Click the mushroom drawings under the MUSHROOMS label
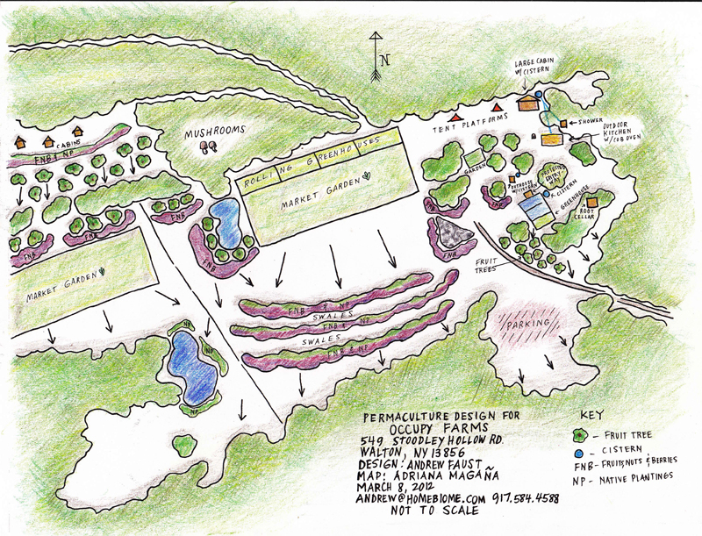click(210, 147)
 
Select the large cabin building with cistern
click(527, 102)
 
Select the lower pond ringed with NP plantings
click(191, 361)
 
